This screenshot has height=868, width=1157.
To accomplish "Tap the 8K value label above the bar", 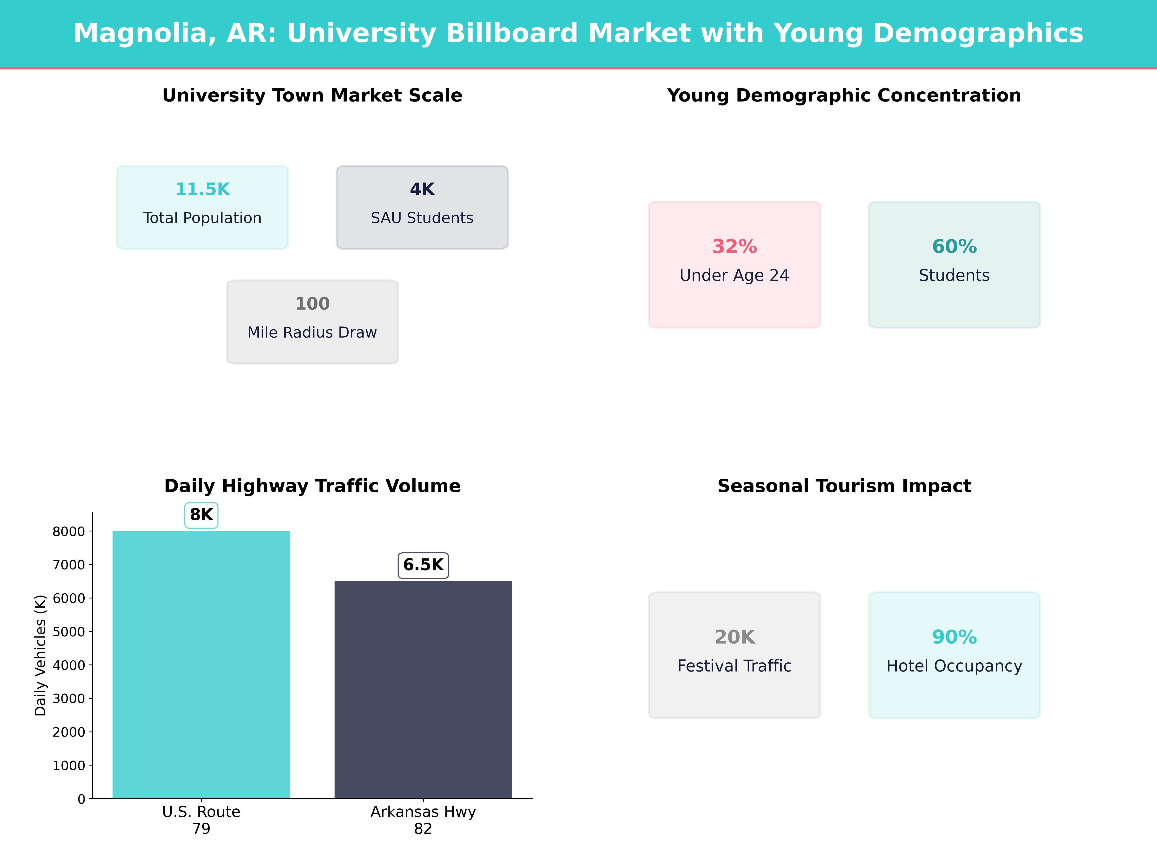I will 201,515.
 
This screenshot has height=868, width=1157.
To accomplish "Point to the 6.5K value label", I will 423,565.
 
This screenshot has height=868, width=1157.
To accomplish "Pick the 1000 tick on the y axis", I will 68,766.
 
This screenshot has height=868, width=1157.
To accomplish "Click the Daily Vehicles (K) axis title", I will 40,655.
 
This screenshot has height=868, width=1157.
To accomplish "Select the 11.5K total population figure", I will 202,190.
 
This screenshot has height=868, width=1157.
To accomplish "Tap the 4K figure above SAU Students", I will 422,190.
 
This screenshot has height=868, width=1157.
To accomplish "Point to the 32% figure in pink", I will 734,246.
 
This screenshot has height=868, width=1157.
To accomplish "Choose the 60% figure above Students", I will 954,246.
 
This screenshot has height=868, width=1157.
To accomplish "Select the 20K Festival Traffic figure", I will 734,637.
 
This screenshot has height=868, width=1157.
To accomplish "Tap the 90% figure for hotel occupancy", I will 954,637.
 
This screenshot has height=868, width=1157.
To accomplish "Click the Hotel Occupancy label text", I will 954,666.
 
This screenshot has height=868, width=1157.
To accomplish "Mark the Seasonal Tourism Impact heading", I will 844,486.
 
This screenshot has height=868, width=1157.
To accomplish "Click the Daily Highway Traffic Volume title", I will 312,486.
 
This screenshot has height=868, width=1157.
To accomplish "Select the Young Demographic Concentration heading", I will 844,96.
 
